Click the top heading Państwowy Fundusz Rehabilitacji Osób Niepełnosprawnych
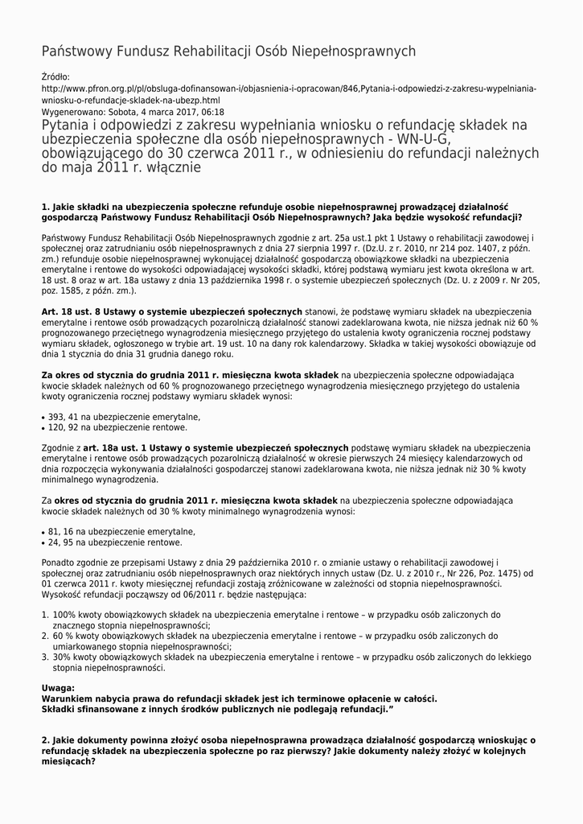pyautogui.click(x=228, y=51)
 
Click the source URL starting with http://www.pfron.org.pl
pyautogui.click(x=289, y=89)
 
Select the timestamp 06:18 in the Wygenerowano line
pyautogui.click(x=213, y=112)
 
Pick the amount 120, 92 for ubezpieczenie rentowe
pyautogui.click(x=61, y=427)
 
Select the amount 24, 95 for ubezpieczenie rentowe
pyautogui.click(x=59, y=542)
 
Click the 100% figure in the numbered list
pyautogui.click(x=64, y=614)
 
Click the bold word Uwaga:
pyautogui.click(x=58, y=688)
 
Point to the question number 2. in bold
pyautogui.click(x=46, y=740)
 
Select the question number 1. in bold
pyautogui.click(x=46, y=207)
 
